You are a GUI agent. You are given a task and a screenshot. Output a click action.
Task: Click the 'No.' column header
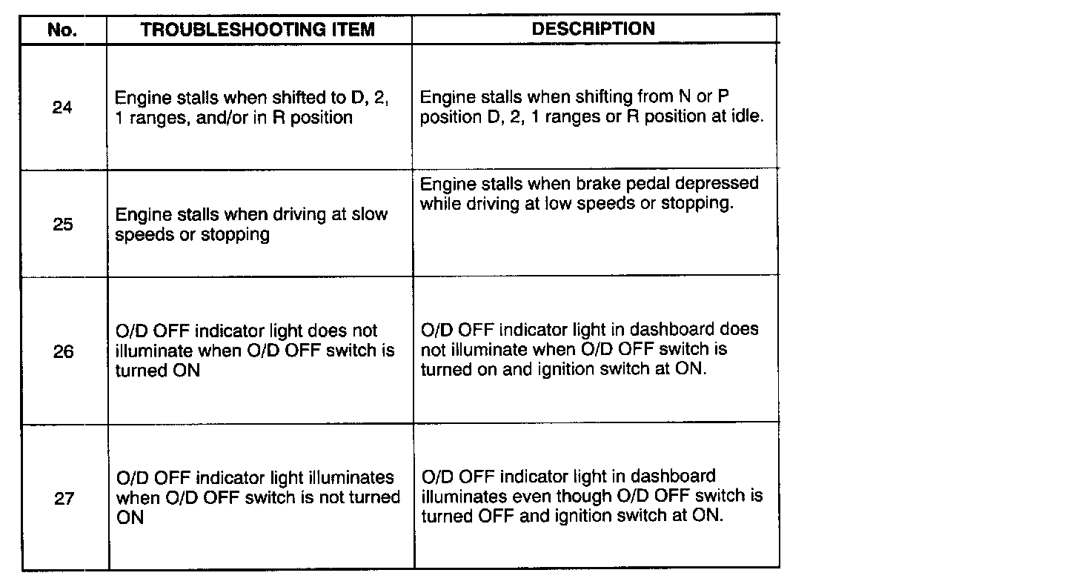coord(63,30)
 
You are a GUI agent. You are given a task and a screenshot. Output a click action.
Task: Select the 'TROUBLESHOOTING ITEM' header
coord(258,30)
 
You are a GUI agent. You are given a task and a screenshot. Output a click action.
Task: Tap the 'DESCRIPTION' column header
coord(593,29)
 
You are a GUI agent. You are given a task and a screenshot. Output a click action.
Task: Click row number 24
coord(63,107)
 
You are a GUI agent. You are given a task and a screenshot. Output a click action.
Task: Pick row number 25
coord(63,225)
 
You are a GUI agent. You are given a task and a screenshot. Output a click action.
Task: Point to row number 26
coord(64,351)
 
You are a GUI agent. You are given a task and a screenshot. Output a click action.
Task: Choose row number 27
coord(64,498)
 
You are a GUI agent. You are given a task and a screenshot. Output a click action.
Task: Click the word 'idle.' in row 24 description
coord(744,118)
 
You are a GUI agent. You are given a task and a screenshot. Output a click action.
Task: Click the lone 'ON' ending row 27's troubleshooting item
coord(130,518)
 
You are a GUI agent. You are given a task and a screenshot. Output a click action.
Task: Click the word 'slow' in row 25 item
coord(370,215)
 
